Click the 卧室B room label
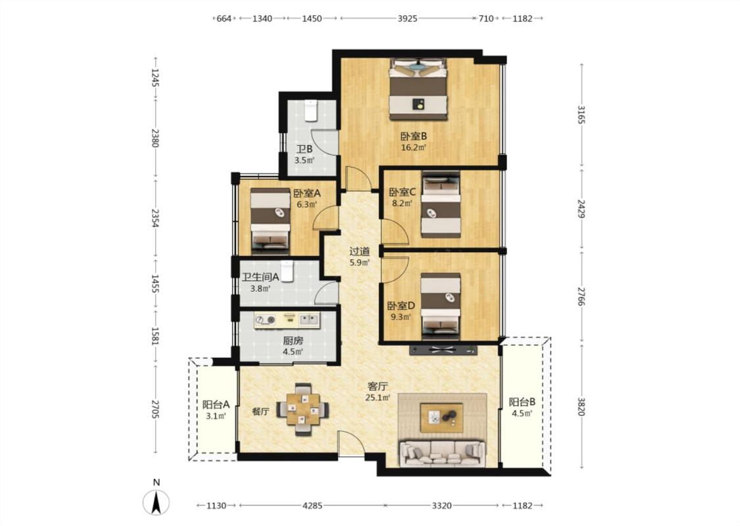(414, 136)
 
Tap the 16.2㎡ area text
(414, 148)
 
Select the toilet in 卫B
(310, 111)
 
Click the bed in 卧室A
(270, 218)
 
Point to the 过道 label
(359, 251)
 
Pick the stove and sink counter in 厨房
(287, 320)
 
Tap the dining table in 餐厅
(303, 409)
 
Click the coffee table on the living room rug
(442, 417)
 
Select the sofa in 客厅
(442, 454)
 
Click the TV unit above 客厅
(443, 350)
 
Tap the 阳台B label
(522, 402)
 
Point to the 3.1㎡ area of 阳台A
(216, 416)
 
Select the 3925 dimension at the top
(407, 18)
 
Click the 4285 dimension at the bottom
(312, 506)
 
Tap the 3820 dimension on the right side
(581, 406)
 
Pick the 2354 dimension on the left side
(155, 218)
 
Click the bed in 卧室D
(441, 306)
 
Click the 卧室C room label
(402, 193)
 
